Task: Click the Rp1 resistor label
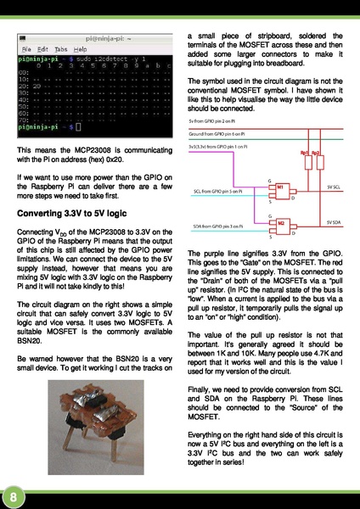tap(304, 154)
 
